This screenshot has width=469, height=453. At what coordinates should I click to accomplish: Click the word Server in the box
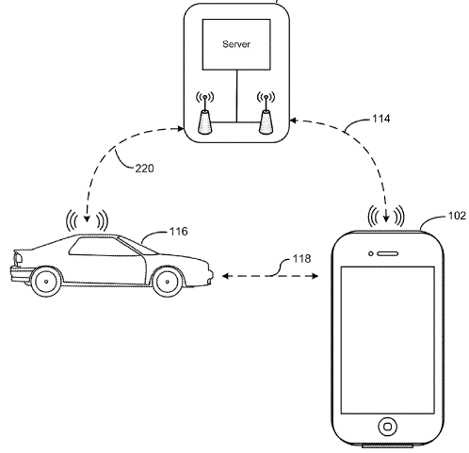(x=236, y=44)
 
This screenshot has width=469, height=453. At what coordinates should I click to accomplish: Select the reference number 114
(x=381, y=119)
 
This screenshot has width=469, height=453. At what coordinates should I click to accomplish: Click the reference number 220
(x=145, y=169)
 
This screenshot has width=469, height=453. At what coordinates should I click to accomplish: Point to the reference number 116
(x=179, y=232)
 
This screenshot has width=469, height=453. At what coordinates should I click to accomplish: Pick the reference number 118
(x=301, y=259)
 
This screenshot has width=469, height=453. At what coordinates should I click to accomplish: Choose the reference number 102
(x=457, y=216)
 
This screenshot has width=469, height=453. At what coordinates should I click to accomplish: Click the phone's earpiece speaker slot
(x=388, y=253)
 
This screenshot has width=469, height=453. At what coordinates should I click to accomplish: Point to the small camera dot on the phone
(x=371, y=253)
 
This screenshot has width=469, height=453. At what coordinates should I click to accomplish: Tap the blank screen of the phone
(x=388, y=340)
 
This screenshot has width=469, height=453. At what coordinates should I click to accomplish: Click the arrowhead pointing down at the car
(x=87, y=218)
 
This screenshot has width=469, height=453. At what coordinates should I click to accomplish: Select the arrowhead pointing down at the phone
(x=386, y=218)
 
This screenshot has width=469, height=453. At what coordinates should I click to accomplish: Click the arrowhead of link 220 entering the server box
(x=180, y=128)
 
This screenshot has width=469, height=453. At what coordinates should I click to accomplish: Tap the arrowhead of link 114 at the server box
(x=293, y=121)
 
